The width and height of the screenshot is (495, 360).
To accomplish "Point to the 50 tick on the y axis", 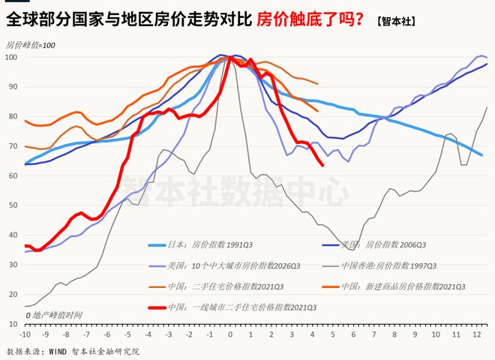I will coord(14,205).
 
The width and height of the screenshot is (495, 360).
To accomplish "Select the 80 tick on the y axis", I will coord(14,116).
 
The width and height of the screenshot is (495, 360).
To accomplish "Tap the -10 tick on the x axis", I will coord(25,333).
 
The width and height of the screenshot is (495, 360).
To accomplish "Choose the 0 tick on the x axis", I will coord(229,333).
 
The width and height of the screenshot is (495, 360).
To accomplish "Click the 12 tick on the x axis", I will coord(476,333).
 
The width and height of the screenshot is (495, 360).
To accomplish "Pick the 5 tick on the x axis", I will coord(332,333).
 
